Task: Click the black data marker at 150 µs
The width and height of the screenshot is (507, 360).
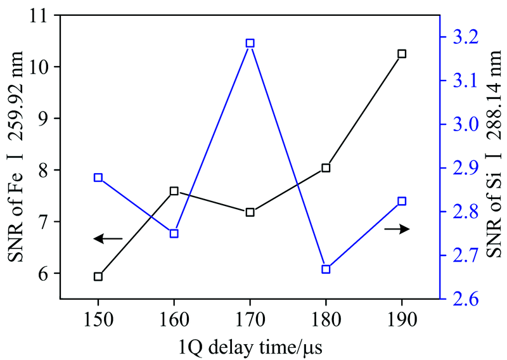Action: tap(98, 276)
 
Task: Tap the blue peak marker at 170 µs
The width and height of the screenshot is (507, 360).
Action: tap(250, 43)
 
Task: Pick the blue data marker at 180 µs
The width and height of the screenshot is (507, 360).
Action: tap(326, 269)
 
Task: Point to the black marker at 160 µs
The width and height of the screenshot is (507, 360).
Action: tap(174, 191)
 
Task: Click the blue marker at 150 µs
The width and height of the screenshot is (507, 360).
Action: tap(98, 177)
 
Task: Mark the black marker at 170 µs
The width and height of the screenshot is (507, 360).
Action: tap(250, 212)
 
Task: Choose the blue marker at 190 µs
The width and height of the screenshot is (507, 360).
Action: tap(402, 201)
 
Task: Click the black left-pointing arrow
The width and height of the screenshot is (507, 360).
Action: tap(108, 238)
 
